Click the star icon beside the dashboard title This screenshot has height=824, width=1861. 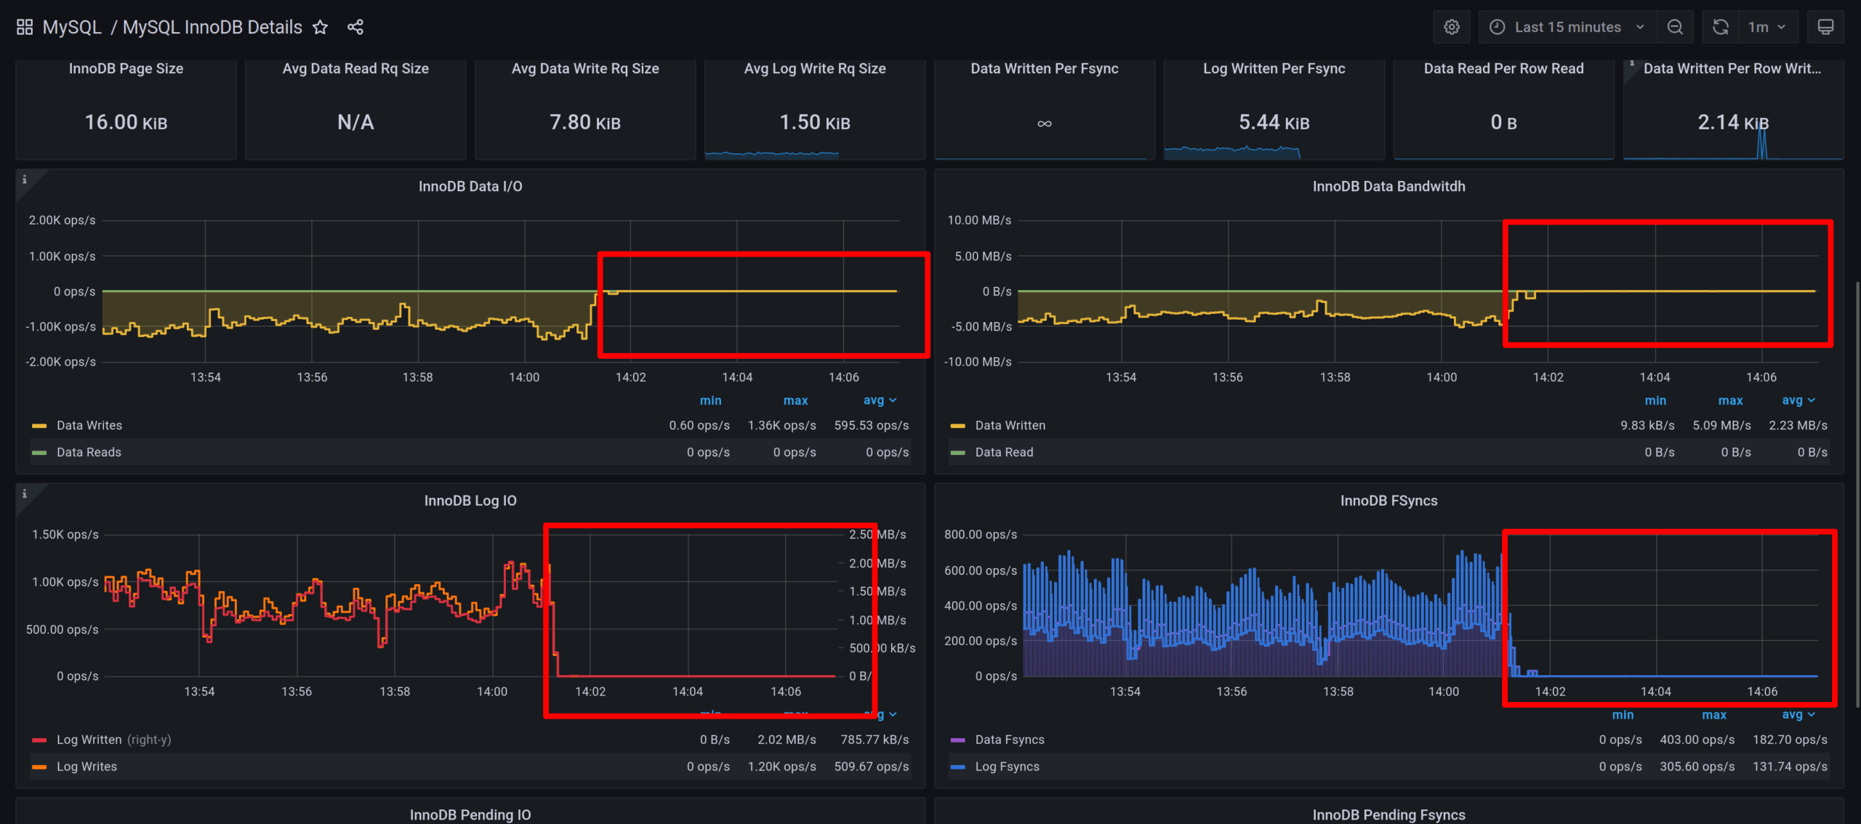pyautogui.click(x=320, y=28)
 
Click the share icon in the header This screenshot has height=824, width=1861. pyautogui.click(x=355, y=28)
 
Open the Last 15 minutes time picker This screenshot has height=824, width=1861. pyautogui.click(x=1567, y=28)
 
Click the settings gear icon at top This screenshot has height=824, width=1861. pyautogui.click(x=1451, y=28)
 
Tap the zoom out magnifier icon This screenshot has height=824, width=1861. pyautogui.click(x=1675, y=28)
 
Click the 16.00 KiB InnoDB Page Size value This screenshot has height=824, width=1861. pyautogui.click(x=126, y=122)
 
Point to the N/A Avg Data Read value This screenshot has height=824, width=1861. pyautogui.click(x=355, y=122)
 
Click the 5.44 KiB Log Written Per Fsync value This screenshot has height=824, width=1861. pyautogui.click(x=1274, y=122)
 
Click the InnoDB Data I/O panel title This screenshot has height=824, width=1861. pyautogui.click(x=470, y=186)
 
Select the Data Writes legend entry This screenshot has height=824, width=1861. pyautogui.click(x=89, y=425)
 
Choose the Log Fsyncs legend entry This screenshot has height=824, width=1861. pyautogui.click(x=1007, y=767)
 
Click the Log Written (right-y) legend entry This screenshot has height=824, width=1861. pyautogui.click(x=113, y=740)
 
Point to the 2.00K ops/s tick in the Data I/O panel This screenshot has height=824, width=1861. pyautogui.click(x=62, y=220)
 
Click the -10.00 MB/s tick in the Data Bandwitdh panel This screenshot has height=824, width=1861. pyautogui.click(x=977, y=362)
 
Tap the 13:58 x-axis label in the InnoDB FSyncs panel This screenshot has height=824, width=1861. pyautogui.click(x=1338, y=692)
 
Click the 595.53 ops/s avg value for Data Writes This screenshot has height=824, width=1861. pyautogui.click(x=871, y=425)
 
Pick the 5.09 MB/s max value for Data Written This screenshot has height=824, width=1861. pyautogui.click(x=1721, y=425)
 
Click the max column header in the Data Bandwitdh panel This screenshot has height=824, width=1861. pyautogui.click(x=1730, y=400)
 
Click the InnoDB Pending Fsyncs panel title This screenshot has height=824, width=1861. pyautogui.click(x=1388, y=815)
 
